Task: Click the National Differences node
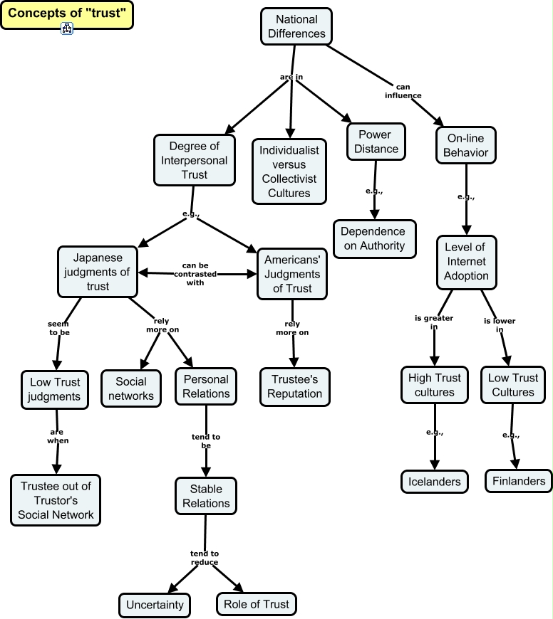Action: [x=296, y=26]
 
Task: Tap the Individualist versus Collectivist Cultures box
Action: [x=289, y=171]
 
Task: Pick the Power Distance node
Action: [x=378, y=142]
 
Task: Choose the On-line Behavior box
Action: [x=466, y=145]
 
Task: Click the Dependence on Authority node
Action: [x=373, y=238]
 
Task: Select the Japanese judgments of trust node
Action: [x=98, y=272]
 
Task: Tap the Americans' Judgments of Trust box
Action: [x=293, y=274]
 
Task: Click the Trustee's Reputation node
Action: [x=295, y=386]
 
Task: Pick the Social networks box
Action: [x=131, y=388]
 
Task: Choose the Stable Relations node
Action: [x=206, y=496]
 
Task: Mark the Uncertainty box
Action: [x=155, y=605]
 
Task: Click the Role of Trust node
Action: [x=255, y=604]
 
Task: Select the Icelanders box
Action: [x=435, y=482]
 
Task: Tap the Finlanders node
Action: [x=519, y=481]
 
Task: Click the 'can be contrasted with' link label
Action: [x=194, y=273]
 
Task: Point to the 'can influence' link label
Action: [x=403, y=91]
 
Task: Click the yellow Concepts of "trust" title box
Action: [x=66, y=15]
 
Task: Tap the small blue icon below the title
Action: [x=67, y=29]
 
